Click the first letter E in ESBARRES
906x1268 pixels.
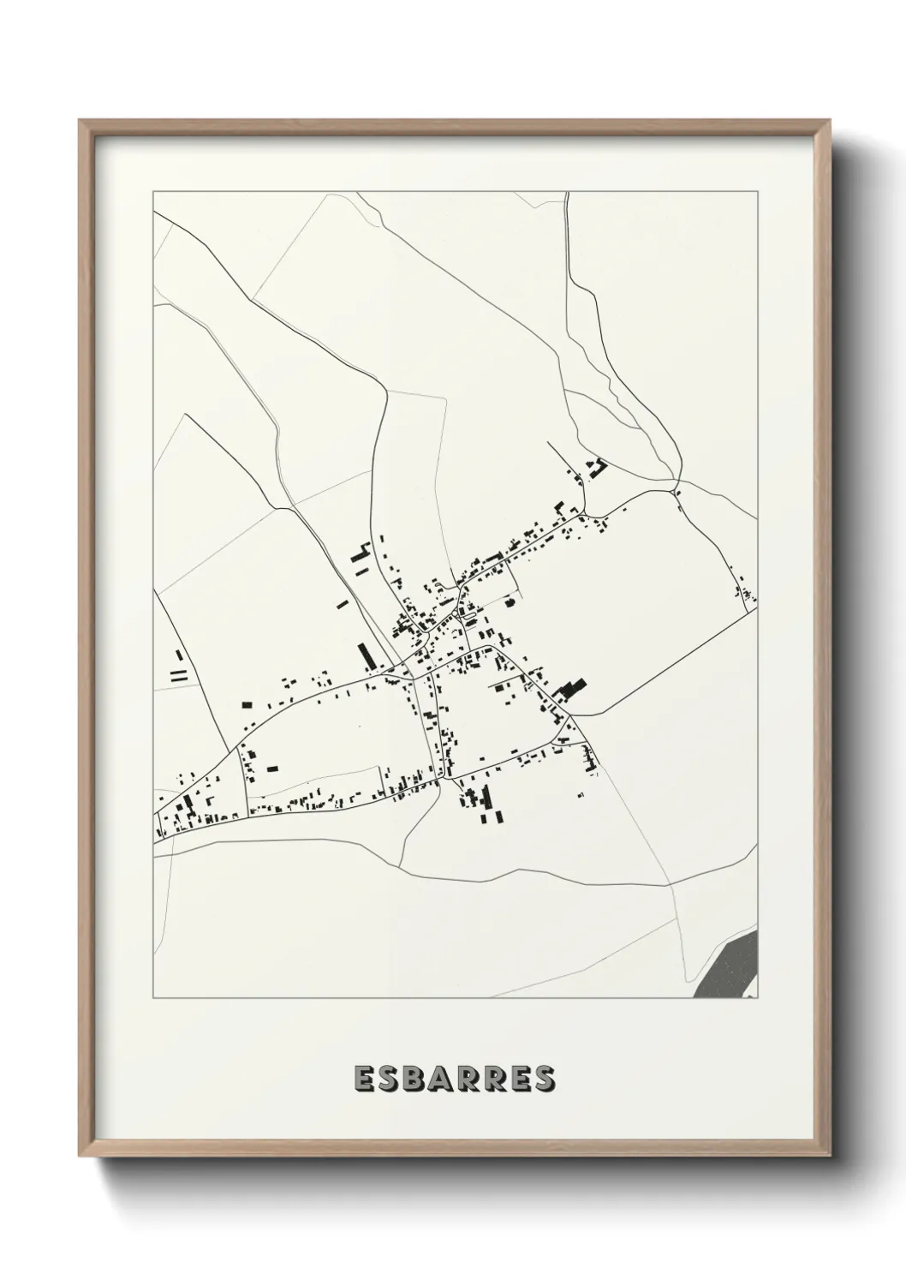click(363, 1080)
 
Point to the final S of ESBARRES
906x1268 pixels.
click(543, 1080)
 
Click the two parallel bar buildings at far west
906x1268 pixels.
click(178, 675)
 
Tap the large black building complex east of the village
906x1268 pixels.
click(570, 688)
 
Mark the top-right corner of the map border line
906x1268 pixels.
click(757, 192)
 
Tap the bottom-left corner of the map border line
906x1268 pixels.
click(153, 998)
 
